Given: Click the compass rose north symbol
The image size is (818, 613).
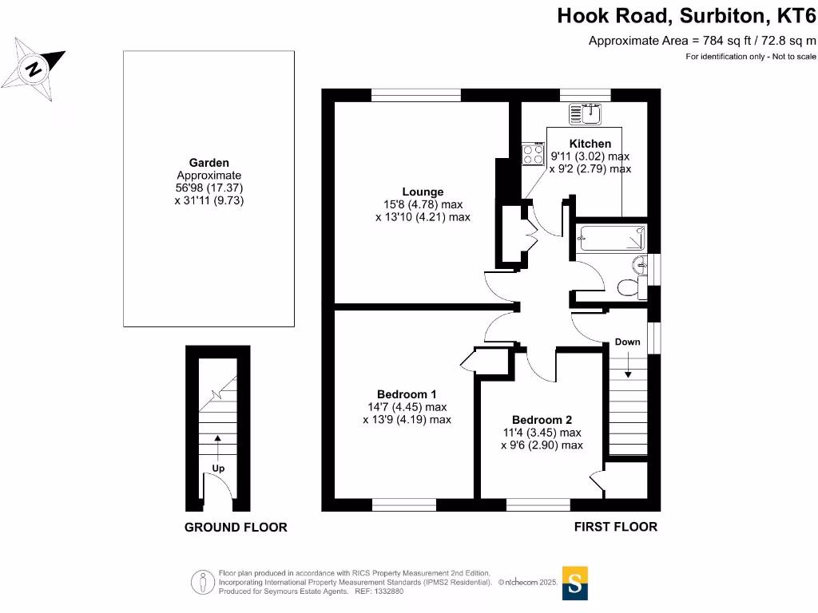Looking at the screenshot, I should pos(34,68).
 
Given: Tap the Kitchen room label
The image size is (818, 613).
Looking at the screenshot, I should pos(590,144).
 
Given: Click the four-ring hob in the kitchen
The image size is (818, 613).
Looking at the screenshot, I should pos(533,153).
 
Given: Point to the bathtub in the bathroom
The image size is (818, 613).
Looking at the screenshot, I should pos(611,238).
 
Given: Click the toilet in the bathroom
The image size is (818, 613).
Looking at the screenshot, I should pos(629,285).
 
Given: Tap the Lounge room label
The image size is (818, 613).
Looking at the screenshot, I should pos(423,192).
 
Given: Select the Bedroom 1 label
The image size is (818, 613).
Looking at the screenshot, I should pos(407,394).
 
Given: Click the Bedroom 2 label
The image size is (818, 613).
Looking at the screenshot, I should pos(542,420).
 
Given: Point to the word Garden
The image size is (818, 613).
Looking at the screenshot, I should pos(208,163).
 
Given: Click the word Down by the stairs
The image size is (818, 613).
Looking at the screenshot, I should pos(627,342).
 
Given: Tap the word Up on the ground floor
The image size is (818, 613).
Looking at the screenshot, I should pos(218,469).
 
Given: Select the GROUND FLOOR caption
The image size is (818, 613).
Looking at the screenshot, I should pos(236,528).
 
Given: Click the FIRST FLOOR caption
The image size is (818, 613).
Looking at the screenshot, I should pos(616,527).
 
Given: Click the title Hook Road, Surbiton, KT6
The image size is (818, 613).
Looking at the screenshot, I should pos(686,16).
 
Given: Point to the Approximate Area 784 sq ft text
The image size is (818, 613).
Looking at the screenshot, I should pos(702,41).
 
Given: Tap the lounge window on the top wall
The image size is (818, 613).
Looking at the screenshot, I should pos(416,94).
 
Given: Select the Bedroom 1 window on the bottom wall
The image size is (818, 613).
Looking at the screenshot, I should pos(404,504).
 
